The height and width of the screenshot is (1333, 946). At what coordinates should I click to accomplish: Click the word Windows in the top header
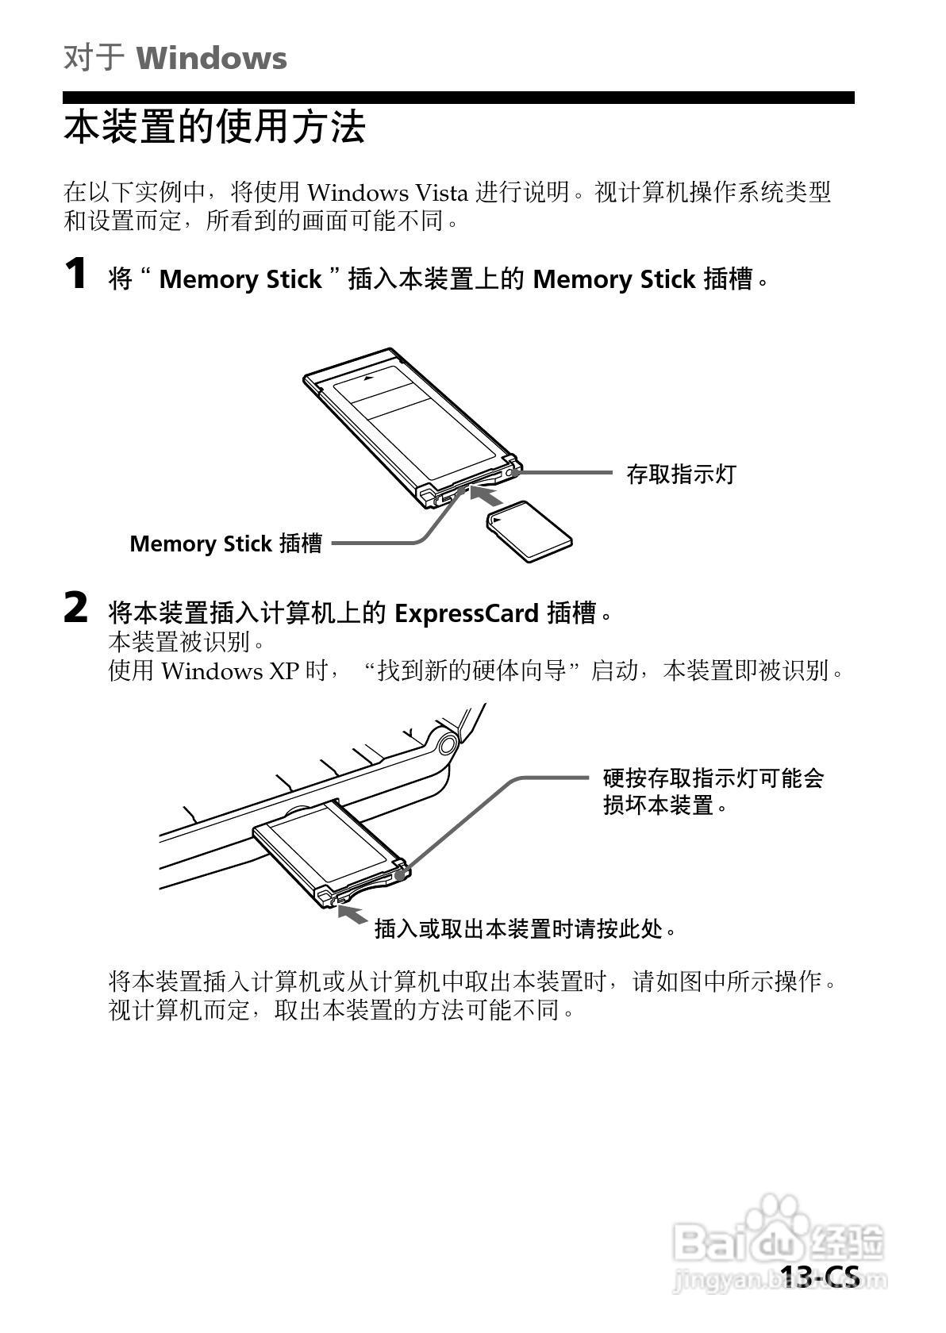[x=211, y=59]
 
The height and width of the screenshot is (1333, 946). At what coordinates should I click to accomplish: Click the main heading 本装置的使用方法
[x=214, y=127]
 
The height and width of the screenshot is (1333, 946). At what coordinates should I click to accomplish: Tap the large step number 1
[x=75, y=275]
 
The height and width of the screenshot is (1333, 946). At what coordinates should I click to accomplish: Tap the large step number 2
[x=75, y=609]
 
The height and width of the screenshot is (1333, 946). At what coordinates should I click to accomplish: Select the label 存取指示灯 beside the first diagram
[x=681, y=474]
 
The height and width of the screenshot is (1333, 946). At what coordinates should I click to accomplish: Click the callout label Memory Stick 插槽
[x=225, y=544]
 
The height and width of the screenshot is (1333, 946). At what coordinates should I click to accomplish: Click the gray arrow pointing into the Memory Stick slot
[x=486, y=497]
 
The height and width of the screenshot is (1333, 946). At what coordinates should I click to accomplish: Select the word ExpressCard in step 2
[x=467, y=613]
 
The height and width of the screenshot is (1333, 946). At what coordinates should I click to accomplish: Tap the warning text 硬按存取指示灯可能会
[x=713, y=778]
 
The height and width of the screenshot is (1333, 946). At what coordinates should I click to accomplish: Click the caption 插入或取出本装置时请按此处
[x=525, y=928]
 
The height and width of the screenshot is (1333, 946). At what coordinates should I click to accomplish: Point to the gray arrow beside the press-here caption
[x=352, y=914]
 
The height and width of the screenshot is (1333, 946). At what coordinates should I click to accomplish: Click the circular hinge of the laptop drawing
[x=447, y=743]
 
